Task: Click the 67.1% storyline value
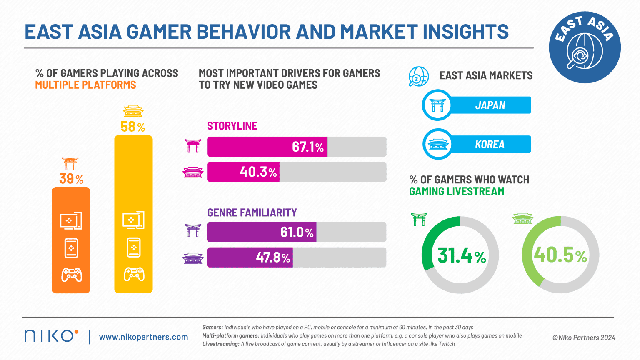pos(307,147)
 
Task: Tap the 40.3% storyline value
pos(258,172)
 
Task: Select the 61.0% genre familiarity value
pos(297,232)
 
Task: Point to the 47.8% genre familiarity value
pos(273,257)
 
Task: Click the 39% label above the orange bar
pos(71,179)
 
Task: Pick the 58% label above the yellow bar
pos(133,127)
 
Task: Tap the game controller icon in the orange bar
pos(71,275)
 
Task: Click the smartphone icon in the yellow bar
pos(134,247)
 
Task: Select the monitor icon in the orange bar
pos(71,221)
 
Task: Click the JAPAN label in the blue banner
pos(490,105)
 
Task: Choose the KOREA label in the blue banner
pos(490,145)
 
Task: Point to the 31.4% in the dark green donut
pos(461,255)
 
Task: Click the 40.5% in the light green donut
pos(560,255)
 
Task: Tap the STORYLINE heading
pos(232,126)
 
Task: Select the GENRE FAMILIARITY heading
pos(252,212)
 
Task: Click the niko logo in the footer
pos(51,336)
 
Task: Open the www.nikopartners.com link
pos(143,337)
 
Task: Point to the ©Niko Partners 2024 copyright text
pos(584,337)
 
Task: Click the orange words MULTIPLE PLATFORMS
pos(85,85)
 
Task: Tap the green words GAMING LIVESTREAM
pos(457,191)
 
